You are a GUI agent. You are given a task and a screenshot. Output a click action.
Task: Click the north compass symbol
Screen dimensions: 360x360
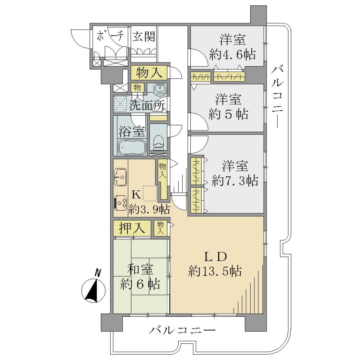94,288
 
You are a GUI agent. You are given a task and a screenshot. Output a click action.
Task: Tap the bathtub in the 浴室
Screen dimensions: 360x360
132,147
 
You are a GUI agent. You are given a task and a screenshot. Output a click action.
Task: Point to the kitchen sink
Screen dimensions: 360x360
121,177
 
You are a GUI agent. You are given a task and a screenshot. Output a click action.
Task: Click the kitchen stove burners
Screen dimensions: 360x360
121,202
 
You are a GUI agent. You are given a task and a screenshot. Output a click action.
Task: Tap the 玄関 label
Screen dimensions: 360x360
144,36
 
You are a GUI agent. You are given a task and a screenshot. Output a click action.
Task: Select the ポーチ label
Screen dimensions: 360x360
110,36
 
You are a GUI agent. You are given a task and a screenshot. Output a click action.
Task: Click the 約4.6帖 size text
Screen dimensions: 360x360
232,55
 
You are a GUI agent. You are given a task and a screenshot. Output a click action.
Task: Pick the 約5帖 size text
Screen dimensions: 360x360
228,114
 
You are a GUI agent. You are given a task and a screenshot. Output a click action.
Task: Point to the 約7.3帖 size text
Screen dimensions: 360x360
235,181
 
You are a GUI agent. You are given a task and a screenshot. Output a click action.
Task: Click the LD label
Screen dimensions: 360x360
216,257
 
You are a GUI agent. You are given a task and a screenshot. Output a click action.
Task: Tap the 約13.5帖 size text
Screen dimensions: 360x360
215,271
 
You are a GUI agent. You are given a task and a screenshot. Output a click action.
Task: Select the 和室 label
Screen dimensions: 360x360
140,269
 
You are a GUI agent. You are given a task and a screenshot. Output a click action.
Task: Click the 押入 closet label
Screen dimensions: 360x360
132,228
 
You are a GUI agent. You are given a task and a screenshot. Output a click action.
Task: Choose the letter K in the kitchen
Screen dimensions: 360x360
136,195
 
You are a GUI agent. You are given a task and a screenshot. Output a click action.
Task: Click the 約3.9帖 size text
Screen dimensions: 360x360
149,209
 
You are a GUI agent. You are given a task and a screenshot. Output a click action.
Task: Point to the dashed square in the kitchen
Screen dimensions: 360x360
150,193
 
